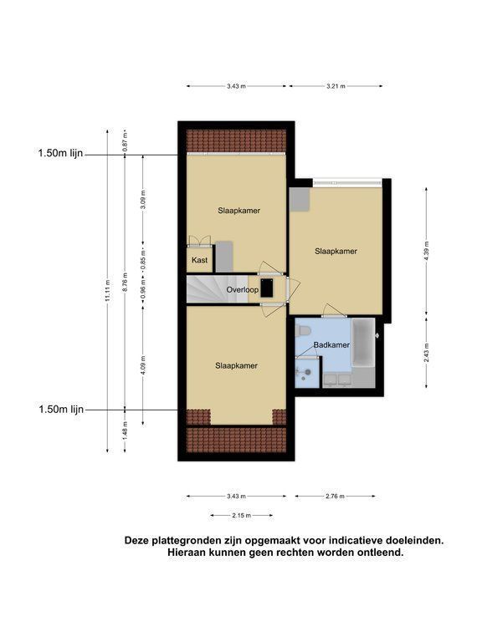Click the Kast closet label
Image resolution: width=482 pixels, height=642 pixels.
(200, 260)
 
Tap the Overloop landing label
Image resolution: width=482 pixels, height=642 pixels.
(243, 290)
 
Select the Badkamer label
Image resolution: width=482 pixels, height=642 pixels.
(331, 344)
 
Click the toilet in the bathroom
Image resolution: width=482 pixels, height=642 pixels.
(302, 329)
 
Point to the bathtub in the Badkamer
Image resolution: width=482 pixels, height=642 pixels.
(363, 342)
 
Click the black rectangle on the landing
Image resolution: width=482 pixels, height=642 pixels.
(267, 288)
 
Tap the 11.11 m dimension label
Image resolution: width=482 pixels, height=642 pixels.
(107, 291)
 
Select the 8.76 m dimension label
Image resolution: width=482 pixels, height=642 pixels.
(125, 282)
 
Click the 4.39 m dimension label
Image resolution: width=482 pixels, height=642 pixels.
(426, 251)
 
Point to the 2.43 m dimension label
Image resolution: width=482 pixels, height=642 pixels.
(426, 352)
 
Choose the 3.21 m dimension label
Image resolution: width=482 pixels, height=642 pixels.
(336, 86)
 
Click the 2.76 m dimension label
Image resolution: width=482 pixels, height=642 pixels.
(335, 497)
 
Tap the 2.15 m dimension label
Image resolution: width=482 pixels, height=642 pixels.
(241, 516)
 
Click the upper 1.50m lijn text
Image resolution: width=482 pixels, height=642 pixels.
(60, 153)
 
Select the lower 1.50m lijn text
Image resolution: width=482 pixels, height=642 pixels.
(61, 409)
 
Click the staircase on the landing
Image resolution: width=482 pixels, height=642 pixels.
(218, 289)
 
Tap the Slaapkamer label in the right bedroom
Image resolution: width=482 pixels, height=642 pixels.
(336, 252)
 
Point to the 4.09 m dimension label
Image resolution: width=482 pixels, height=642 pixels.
(142, 364)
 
